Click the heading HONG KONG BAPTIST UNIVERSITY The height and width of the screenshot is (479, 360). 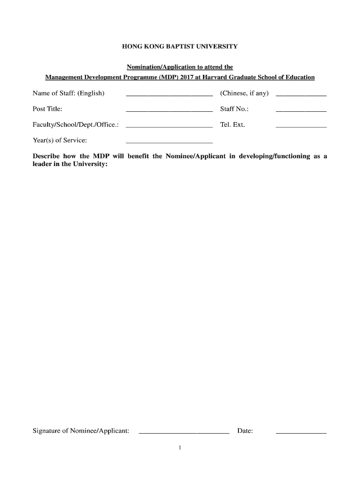(x=180, y=47)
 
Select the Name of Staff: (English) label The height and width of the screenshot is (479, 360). (x=68, y=94)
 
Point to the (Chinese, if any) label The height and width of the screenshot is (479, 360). (x=244, y=94)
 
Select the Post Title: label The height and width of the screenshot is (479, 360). (x=47, y=109)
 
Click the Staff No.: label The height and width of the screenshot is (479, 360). (x=234, y=109)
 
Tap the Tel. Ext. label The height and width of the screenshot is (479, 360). (x=232, y=125)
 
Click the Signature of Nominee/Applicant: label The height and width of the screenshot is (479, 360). (x=81, y=431)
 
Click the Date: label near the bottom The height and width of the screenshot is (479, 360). (x=245, y=431)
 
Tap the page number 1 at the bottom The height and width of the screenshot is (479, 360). (x=180, y=448)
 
